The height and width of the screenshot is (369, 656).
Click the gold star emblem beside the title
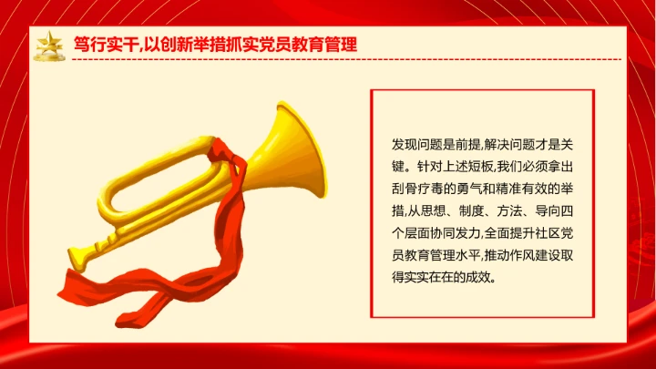48,45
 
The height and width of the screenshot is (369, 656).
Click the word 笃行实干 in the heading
99,45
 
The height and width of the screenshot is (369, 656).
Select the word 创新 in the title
176,45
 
